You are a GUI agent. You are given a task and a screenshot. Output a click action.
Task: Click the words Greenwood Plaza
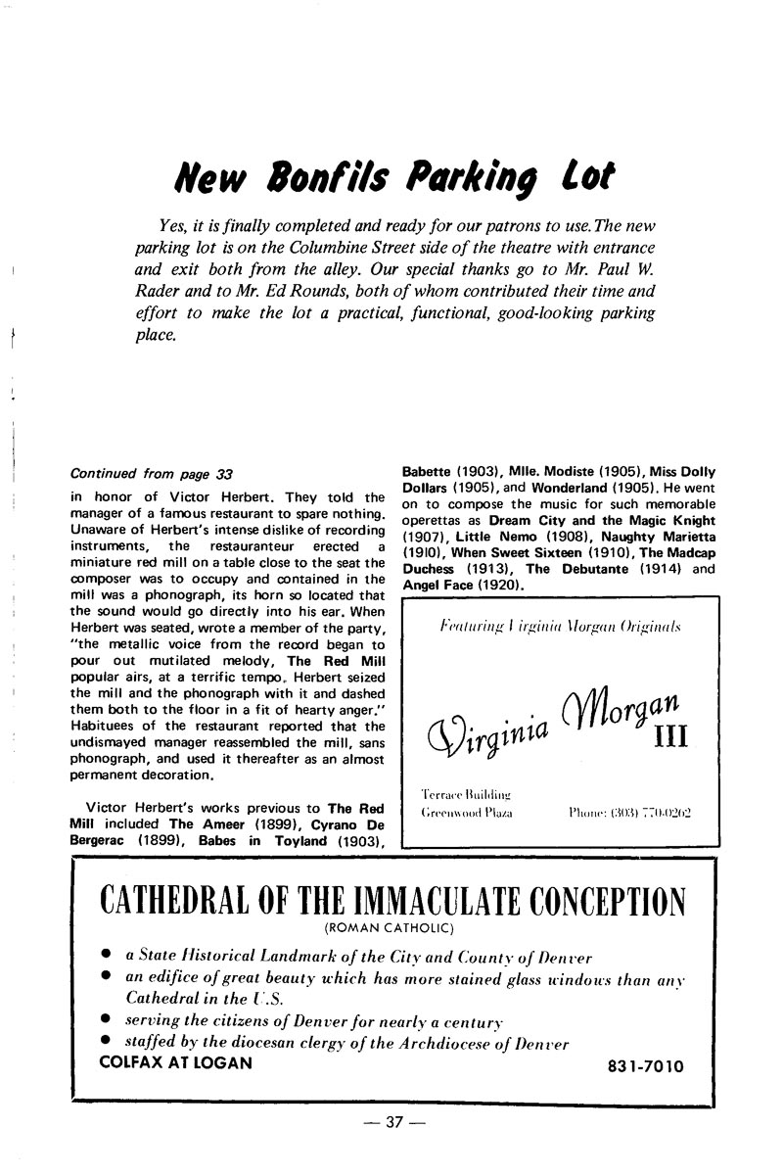466,812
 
